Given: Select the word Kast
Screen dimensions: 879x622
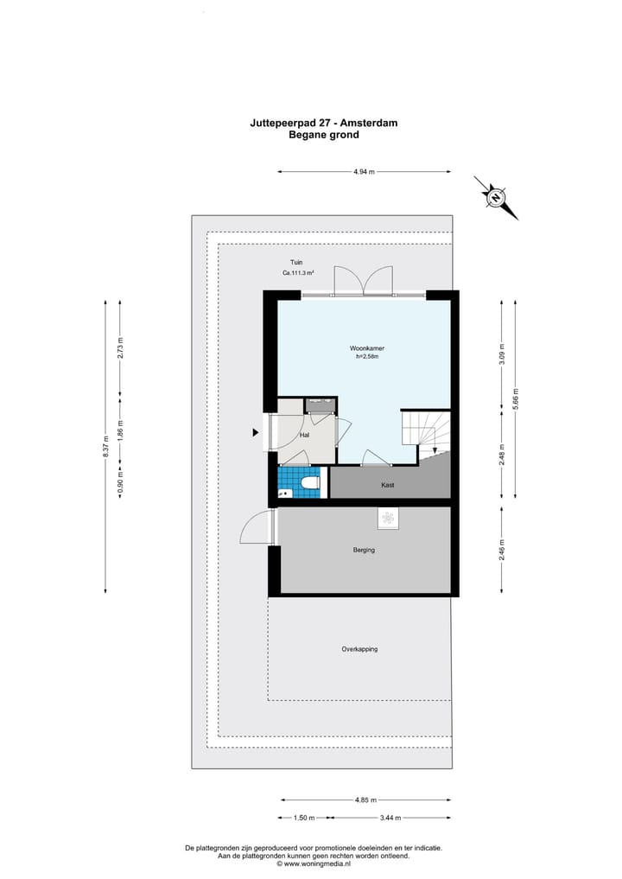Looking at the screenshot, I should click(388, 485).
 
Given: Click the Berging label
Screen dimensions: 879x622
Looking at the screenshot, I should click(364, 550).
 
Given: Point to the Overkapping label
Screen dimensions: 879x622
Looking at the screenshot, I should click(359, 649).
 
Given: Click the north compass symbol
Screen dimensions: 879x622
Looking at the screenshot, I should click(496, 198).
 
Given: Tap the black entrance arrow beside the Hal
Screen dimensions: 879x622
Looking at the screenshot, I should click(256, 431).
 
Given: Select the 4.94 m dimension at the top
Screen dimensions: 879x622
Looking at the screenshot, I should click(364, 172).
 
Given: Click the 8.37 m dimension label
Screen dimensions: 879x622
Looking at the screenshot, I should click(105, 446).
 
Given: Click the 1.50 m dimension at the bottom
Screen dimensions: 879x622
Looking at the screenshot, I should click(303, 818).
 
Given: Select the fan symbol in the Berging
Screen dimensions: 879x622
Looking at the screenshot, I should click(388, 518).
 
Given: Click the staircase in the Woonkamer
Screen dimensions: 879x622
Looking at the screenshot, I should click(426, 431).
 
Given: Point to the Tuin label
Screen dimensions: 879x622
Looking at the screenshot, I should click(296, 263).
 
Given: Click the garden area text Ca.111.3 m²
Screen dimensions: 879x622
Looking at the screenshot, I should click(297, 274).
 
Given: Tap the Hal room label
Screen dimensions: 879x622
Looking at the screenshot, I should click(304, 436).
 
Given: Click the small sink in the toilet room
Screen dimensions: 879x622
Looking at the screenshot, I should click(284, 493).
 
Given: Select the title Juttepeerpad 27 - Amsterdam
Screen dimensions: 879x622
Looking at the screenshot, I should click(323, 124).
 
